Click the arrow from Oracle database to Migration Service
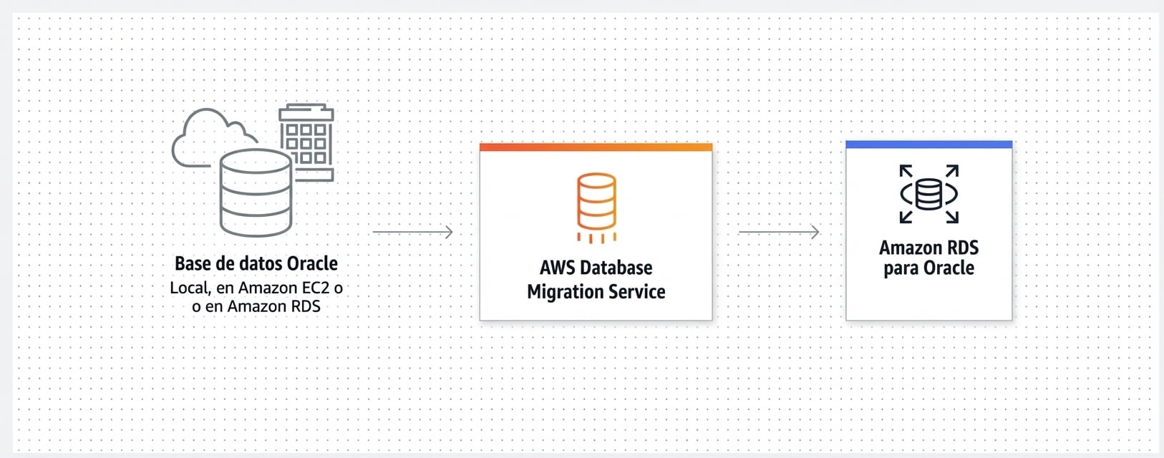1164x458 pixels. [412, 232]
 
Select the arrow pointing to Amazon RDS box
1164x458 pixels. [779, 232]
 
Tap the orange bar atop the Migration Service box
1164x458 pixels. [596, 147]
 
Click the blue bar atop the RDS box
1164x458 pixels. [929, 145]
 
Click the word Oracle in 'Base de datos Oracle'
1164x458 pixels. [312, 263]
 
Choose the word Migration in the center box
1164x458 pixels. [564, 292]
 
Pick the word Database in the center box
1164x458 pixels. [616, 268]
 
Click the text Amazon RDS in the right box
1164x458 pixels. [929, 248]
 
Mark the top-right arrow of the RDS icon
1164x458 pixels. [953, 171]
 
